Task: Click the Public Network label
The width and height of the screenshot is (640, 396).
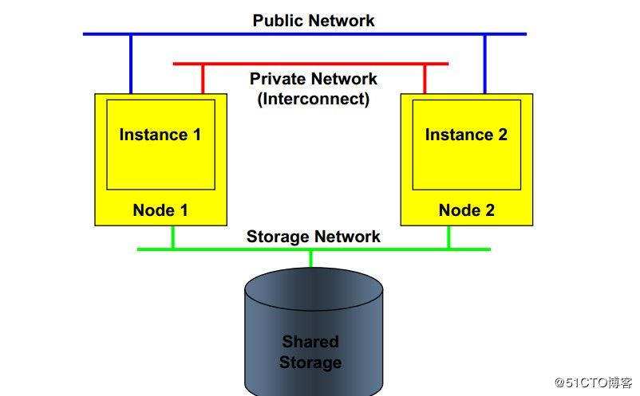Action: click(313, 20)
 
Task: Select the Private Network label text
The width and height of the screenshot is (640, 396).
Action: click(313, 79)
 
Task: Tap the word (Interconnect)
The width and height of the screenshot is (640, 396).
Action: click(313, 100)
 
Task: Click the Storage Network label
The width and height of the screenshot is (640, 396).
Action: click(313, 236)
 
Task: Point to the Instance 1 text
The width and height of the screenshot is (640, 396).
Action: click(160, 135)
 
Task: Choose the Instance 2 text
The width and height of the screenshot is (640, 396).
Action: click(466, 135)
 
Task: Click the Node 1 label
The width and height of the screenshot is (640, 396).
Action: click(160, 210)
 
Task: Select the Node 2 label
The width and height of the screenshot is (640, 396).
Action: click(466, 210)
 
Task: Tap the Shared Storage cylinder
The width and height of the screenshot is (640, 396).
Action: click(310, 335)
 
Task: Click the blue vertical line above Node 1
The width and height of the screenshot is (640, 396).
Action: click(131, 64)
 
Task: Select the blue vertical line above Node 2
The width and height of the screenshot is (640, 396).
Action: click(484, 64)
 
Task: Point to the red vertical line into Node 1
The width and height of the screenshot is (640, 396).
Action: click(203, 78)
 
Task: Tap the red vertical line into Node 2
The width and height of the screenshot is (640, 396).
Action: click(424, 78)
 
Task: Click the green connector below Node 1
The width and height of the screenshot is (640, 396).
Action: click(172, 237)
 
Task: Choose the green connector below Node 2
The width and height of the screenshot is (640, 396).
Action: click(448, 237)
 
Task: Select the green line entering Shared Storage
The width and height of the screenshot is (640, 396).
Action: click(310, 258)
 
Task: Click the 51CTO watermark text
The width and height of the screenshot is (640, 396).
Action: click(594, 382)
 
